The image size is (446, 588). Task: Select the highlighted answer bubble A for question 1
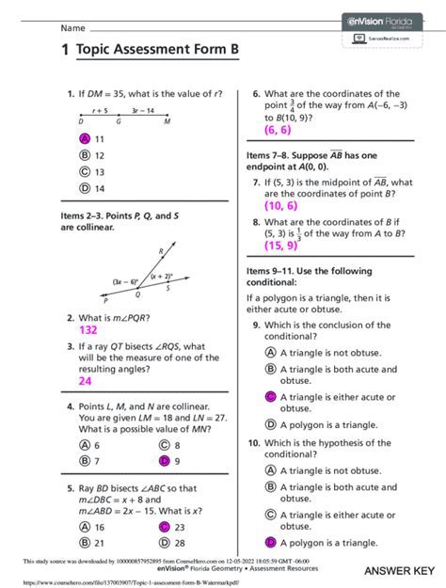(x=85, y=138)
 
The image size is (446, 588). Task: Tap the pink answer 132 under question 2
(x=88, y=331)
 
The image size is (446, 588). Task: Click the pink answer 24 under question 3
(x=85, y=381)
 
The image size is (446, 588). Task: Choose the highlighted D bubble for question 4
(x=164, y=461)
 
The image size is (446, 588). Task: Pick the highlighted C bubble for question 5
(x=164, y=529)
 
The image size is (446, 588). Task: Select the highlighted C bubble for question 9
(x=270, y=397)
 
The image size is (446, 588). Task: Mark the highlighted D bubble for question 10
(x=270, y=543)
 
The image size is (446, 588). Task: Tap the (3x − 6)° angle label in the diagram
(x=124, y=281)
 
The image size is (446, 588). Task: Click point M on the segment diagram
(x=167, y=122)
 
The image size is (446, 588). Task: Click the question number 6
(x=256, y=94)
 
